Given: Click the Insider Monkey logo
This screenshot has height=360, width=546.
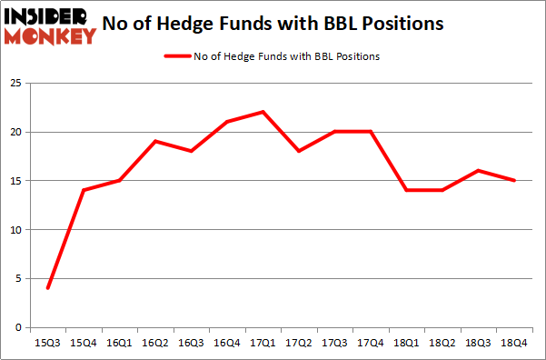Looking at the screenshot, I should tap(50, 25).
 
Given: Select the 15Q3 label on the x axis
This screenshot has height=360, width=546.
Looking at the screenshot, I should tap(47, 344).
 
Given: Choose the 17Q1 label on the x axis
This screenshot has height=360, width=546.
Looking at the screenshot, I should tap(263, 344).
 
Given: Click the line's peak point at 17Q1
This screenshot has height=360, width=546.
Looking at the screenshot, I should tap(263, 112).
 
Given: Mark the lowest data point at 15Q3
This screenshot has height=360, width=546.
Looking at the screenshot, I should tap(47, 288).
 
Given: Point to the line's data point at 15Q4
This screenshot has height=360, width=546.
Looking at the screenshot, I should tap(84, 190).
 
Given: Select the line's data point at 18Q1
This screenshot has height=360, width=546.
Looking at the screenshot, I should tap(407, 190).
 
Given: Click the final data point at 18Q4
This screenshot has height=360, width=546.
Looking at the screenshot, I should tap(515, 180).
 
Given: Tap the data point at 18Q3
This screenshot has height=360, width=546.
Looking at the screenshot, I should tap(479, 171).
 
